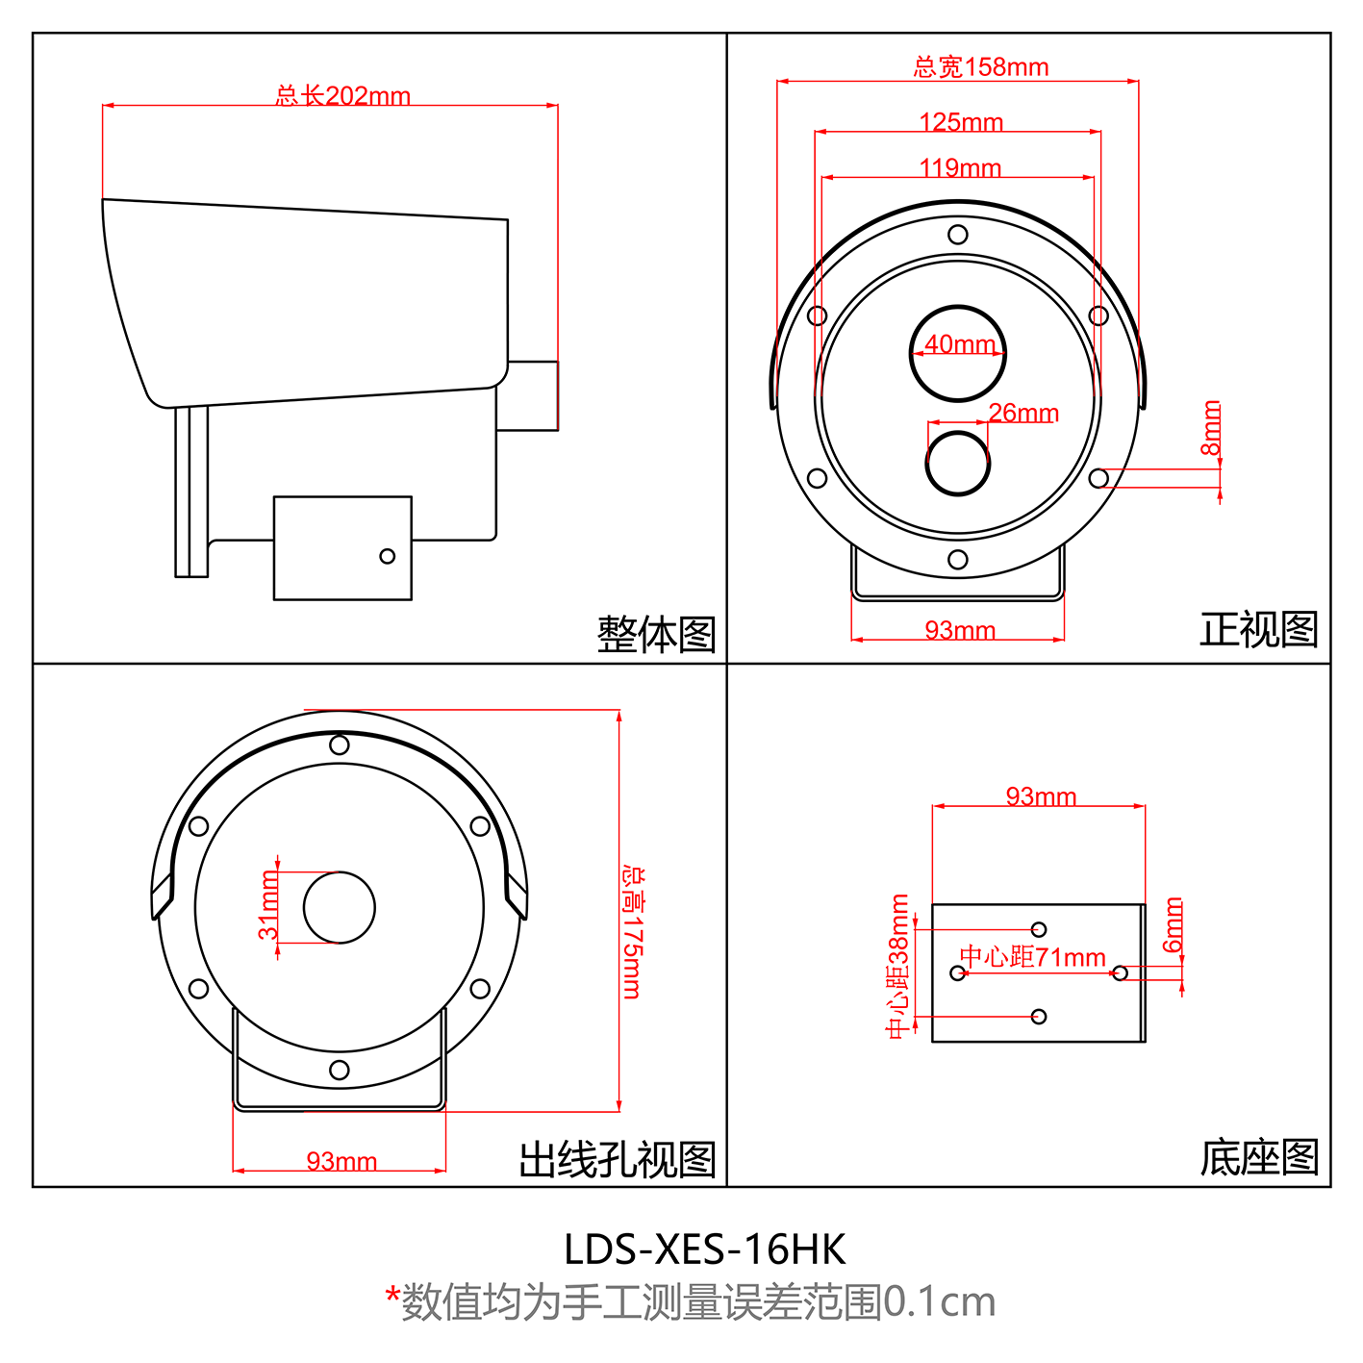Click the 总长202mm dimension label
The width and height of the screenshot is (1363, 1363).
tap(342, 95)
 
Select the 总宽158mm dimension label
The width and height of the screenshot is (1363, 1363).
tap(980, 66)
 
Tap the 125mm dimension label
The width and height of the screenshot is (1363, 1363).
tap(961, 122)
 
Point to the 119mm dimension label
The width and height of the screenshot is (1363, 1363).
tap(960, 168)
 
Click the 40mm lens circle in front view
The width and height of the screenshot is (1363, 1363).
tap(957, 353)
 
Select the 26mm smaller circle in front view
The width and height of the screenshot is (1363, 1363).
tap(957, 463)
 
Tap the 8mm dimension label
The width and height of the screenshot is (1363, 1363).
tap(1211, 428)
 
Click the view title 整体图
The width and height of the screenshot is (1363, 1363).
tap(656, 635)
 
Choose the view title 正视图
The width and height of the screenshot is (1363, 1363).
tap(1258, 629)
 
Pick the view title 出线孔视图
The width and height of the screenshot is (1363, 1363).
tap(618, 1159)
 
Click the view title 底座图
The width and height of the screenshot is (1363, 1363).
tap(1258, 1157)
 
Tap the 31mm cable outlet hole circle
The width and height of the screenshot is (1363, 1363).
tap(340, 907)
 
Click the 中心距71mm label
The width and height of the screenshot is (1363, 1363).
tap(1032, 957)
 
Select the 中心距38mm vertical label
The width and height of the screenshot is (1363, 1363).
tap(897, 966)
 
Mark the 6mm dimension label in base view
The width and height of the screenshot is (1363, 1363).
tap(1174, 924)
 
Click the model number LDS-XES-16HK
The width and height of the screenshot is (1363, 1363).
tap(704, 1249)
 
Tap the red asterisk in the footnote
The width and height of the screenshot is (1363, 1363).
tap(392, 1294)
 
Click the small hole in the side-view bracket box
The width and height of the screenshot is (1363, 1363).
tap(387, 556)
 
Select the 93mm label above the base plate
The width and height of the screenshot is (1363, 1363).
tap(1041, 796)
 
